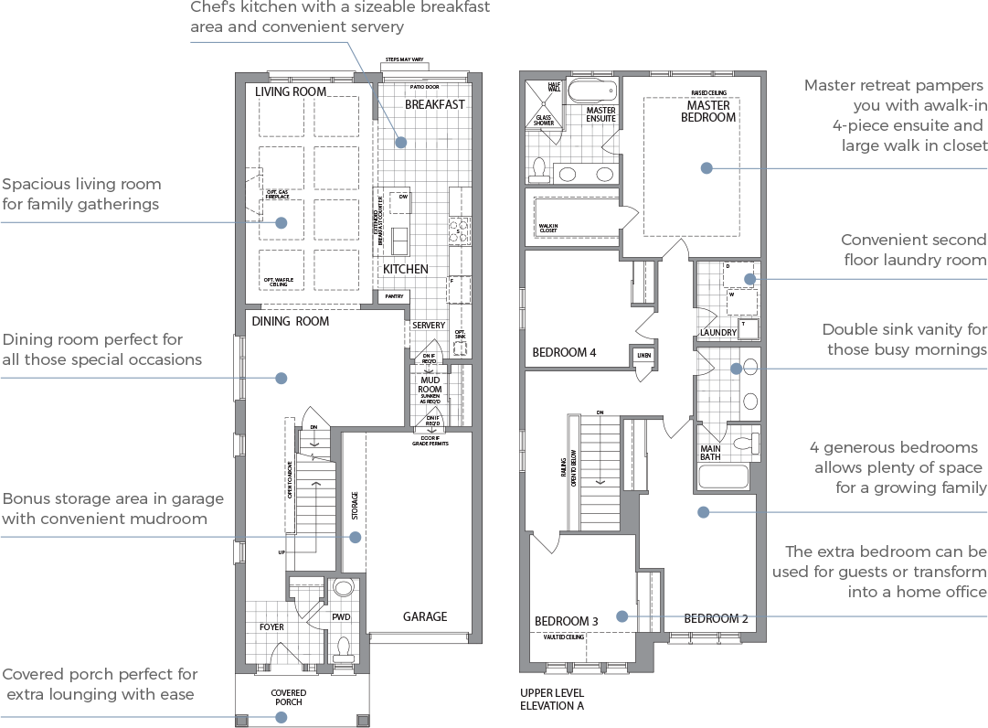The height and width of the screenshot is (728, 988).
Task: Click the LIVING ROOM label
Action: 291,91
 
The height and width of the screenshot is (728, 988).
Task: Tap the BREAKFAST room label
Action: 434,104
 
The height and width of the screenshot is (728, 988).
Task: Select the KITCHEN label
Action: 405,269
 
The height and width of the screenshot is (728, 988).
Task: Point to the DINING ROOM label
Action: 290,321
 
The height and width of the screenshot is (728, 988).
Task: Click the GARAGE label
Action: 425,616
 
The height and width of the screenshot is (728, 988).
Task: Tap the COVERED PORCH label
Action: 288,698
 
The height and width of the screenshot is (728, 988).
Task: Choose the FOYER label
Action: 271,627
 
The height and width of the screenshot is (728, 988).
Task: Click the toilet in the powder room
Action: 344,649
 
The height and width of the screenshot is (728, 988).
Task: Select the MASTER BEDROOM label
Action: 708,111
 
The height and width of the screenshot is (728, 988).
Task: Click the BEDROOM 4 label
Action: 565,352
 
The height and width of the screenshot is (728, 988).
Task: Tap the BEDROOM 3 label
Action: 567,621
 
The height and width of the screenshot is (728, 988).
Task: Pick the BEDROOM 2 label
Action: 716,618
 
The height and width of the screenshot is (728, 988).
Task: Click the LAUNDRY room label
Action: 718,333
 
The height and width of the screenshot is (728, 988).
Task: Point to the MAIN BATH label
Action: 710,452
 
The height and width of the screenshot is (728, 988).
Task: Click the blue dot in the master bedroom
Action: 706,168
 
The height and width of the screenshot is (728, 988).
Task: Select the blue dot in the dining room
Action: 282,378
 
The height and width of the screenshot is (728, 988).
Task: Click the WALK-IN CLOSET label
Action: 547,227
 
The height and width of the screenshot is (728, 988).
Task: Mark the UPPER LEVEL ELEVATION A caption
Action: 552,700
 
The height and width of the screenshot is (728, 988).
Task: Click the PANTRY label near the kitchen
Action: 394,296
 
